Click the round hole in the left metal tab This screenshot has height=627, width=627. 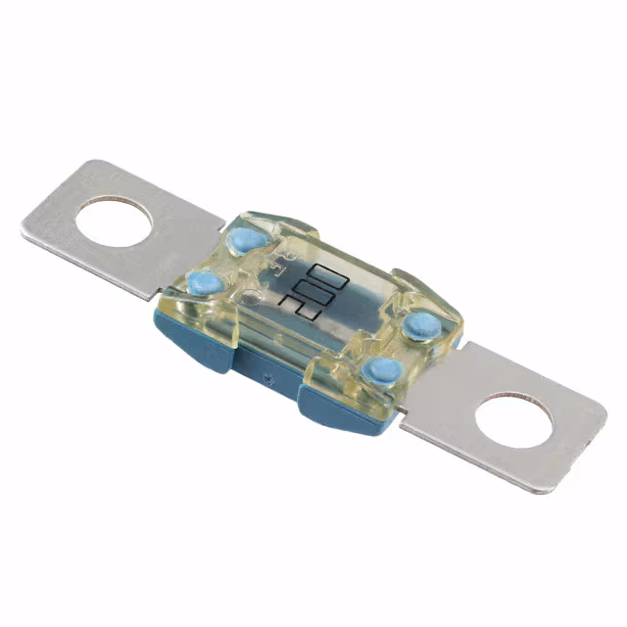[x=114, y=221]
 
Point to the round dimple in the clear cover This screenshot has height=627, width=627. [x=252, y=291]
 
